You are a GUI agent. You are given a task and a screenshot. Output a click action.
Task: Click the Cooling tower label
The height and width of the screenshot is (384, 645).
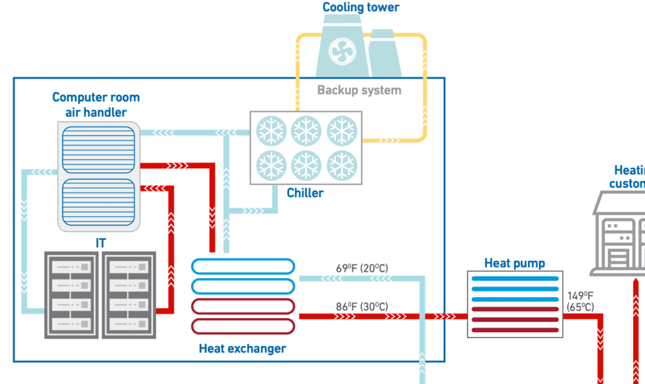[361, 8]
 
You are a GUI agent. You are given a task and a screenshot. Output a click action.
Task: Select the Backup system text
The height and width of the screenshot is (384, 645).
[359, 90]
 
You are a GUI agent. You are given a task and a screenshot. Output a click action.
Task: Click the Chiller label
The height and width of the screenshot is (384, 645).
[305, 193]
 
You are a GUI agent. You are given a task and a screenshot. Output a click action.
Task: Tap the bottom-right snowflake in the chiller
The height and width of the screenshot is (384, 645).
[341, 165]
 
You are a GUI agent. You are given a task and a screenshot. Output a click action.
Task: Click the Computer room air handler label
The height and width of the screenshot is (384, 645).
[96, 105]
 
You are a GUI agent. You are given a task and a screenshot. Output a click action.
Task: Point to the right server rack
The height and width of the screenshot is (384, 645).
[128, 295]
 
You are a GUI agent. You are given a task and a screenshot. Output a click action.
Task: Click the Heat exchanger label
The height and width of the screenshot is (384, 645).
[243, 348]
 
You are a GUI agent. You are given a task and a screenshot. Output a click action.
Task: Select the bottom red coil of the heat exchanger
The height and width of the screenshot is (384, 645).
[243, 326]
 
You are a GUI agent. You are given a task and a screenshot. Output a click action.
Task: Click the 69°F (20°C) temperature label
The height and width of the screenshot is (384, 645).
[362, 269]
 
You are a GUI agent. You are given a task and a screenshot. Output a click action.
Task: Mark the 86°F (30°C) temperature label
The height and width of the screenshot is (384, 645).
[362, 307]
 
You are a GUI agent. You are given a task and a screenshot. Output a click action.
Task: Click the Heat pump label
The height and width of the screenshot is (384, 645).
[515, 263]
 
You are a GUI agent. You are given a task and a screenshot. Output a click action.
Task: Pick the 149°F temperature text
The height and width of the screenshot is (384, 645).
[579, 295]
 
